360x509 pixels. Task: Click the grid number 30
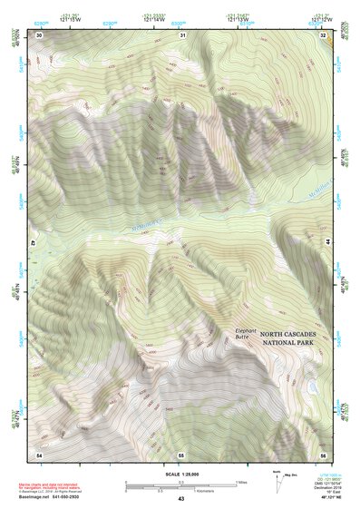(x=39, y=34)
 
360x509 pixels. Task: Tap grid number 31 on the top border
(x=182, y=34)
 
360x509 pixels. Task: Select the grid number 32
(x=324, y=34)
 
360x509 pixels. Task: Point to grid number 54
(x=39, y=453)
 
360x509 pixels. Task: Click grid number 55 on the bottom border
(x=181, y=453)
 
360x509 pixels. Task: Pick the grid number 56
(x=323, y=453)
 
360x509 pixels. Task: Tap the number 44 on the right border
(x=326, y=244)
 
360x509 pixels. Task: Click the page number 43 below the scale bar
(x=181, y=499)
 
